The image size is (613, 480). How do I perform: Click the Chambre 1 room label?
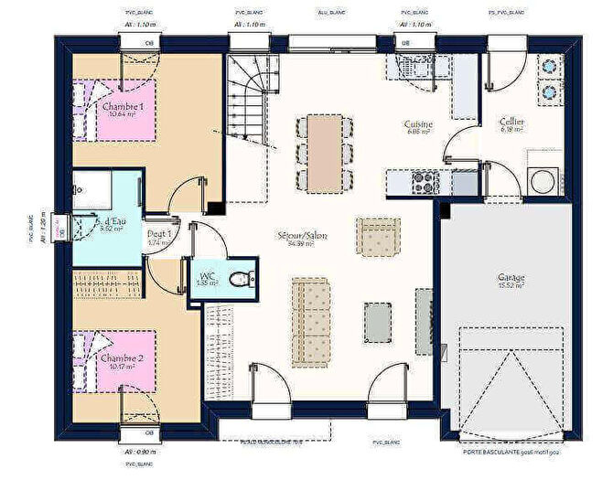click(123, 107)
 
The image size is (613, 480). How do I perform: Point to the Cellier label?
click(511, 123)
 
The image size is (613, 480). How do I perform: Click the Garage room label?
click(511, 277)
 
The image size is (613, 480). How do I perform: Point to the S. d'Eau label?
click(109, 222)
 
